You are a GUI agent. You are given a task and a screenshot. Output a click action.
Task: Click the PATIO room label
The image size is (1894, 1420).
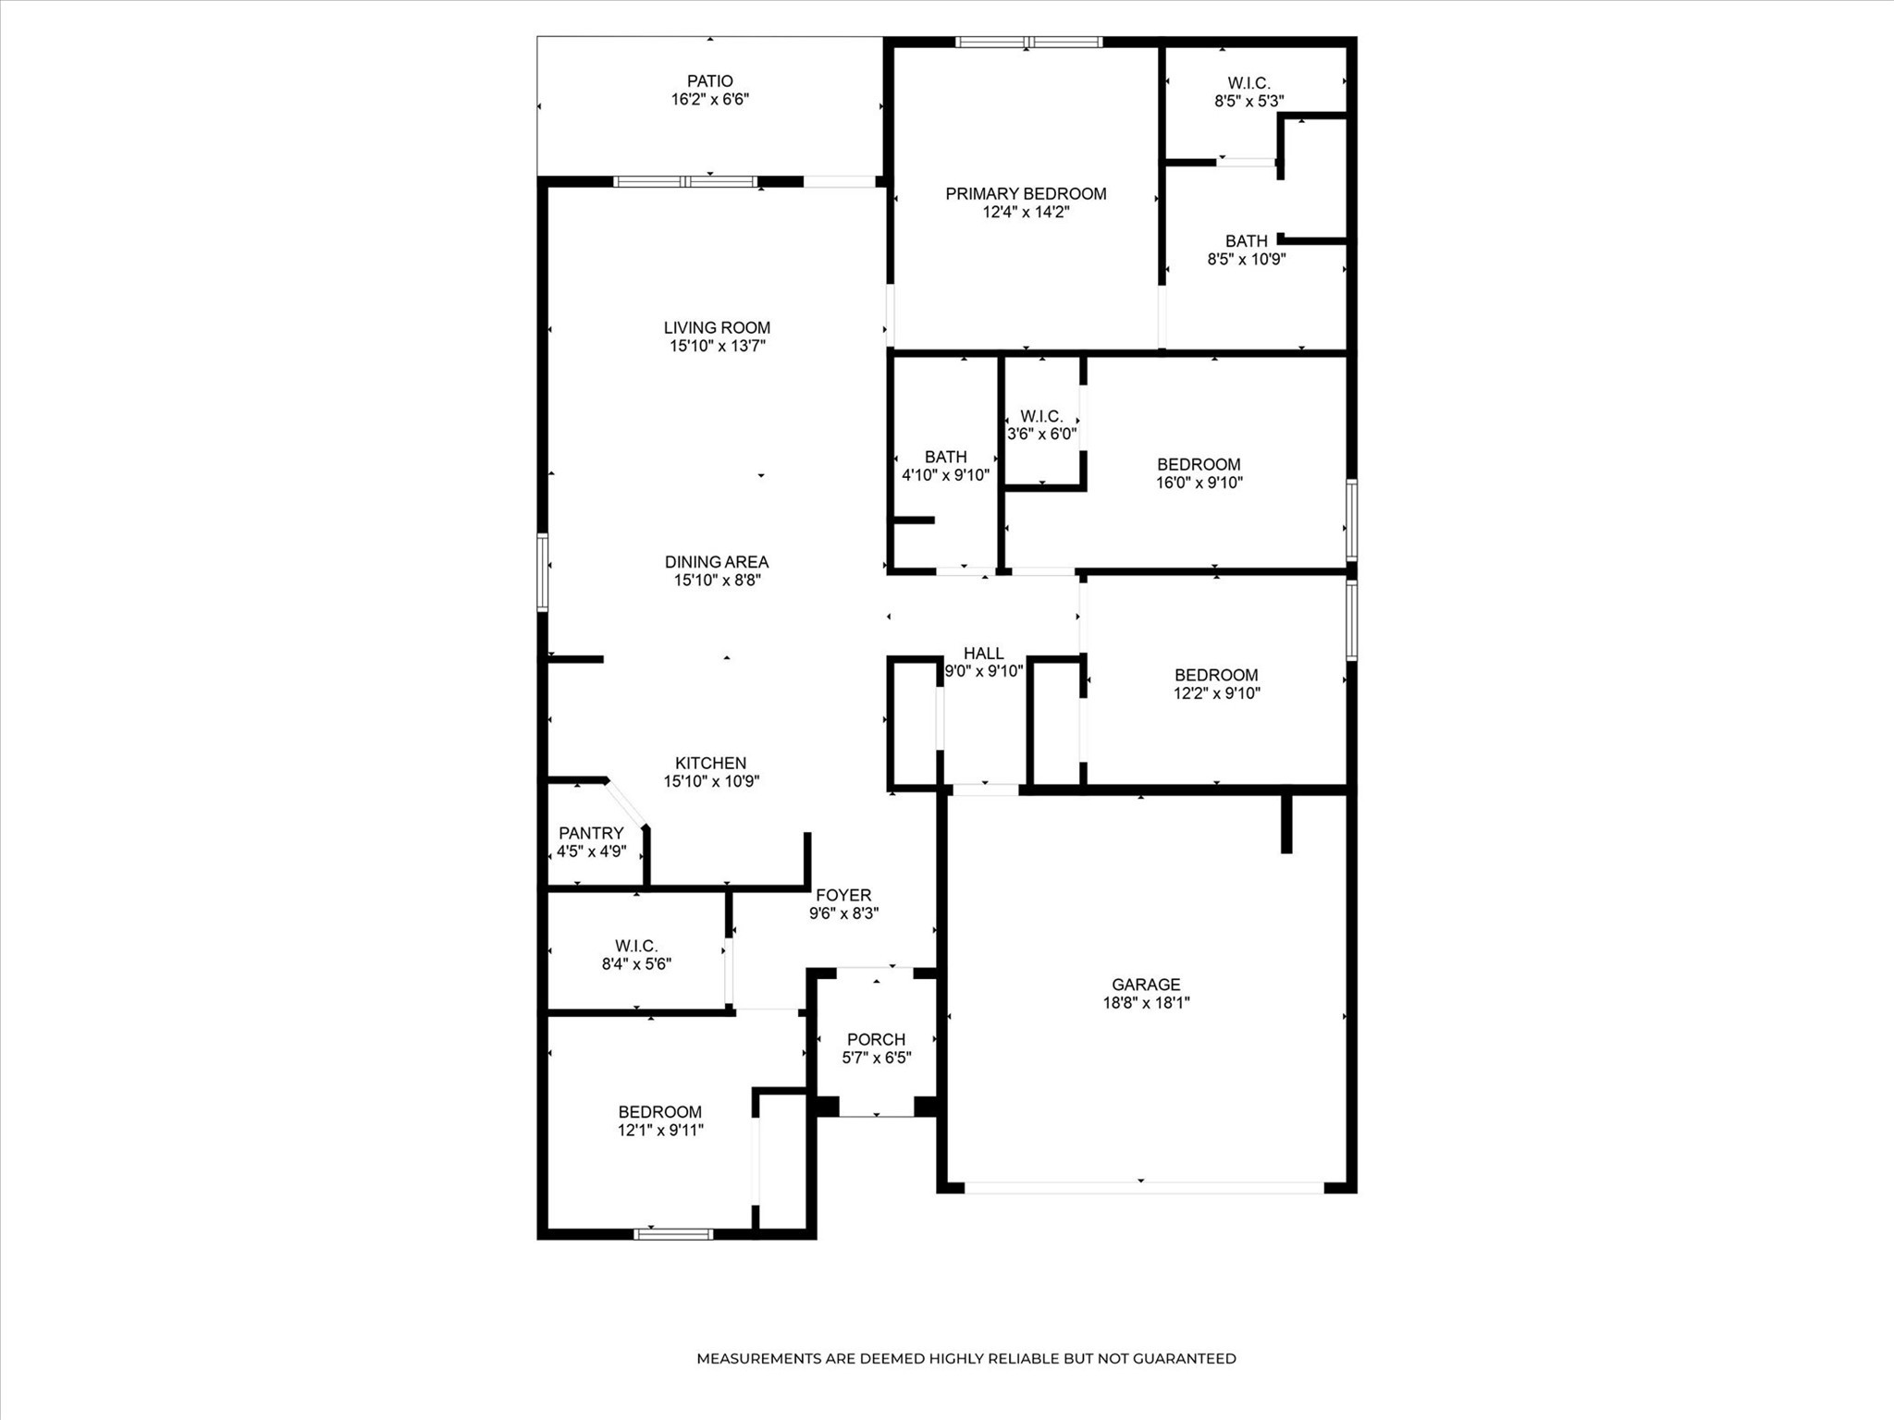coord(709,81)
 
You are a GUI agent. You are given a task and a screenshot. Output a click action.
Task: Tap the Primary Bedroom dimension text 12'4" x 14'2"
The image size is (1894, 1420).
coord(1026,212)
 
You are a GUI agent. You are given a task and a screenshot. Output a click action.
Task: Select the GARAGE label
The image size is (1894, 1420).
coord(1146,985)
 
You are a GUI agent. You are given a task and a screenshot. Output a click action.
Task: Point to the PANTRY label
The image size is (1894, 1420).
coord(591,833)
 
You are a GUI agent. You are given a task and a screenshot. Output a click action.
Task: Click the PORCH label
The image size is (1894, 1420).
coord(876,1039)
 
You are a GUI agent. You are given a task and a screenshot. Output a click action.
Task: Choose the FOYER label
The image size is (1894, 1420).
coord(842,895)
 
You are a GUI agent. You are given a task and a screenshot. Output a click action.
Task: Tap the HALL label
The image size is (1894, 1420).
coord(983,654)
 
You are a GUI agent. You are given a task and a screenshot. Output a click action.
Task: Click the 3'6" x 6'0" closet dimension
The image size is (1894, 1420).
coord(1041,434)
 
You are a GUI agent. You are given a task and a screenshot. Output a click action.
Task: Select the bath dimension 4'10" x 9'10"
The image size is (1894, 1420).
coord(945,475)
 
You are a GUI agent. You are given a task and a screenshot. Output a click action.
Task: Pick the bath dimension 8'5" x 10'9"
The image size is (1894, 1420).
coord(1246,259)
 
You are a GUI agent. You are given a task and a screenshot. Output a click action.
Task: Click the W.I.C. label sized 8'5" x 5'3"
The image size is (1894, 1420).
coord(1248,83)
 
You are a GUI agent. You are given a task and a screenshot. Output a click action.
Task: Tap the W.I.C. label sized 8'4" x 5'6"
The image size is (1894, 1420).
coord(636,946)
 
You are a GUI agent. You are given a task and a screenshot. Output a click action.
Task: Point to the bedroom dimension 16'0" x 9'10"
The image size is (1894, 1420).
coord(1199,483)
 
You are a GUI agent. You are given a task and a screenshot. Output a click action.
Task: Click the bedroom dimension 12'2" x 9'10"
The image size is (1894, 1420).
coord(1216,693)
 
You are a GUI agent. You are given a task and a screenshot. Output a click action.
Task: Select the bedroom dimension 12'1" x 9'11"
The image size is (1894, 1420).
coord(660,1130)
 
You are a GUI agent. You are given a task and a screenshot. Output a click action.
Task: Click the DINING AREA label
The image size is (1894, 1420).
coord(717,562)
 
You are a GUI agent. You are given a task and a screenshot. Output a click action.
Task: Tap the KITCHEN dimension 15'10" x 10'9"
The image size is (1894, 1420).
coord(710,781)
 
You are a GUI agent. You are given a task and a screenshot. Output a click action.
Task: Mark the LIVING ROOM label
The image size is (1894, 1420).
coord(717,327)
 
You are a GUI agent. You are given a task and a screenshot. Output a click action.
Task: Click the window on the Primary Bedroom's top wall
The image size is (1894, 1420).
coord(1028,42)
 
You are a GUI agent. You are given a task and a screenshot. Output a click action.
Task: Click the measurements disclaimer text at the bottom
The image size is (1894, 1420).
coord(965,1358)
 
